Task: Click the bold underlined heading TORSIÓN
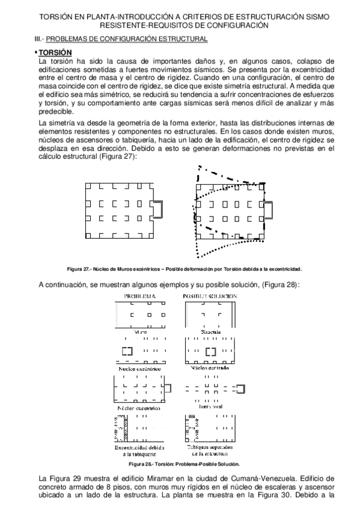click(x=55, y=52)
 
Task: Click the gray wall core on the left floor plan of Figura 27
click(x=159, y=209)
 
